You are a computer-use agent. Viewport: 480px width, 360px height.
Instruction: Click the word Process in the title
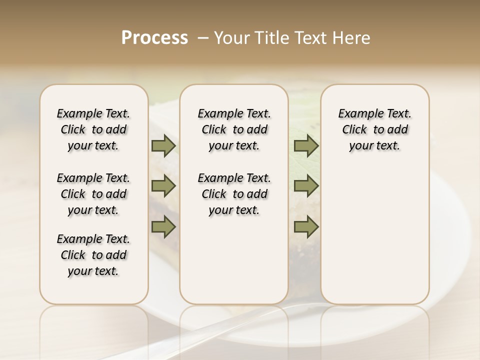pyautogui.click(x=154, y=38)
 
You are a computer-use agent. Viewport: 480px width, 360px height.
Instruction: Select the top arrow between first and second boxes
pyautogui.click(x=163, y=146)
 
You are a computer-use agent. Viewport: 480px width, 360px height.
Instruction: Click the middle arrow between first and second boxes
pyautogui.click(x=163, y=186)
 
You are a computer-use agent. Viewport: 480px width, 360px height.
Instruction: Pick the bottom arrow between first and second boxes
pyautogui.click(x=163, y=227)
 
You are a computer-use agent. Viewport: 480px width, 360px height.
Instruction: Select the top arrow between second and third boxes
pyautogui.click(x=306, y=146)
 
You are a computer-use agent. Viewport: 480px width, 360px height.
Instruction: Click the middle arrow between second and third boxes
pyautogui.click(x=306, y=186)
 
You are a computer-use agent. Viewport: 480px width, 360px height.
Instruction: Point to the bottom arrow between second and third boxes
pyautogui.click(x=306, y=227)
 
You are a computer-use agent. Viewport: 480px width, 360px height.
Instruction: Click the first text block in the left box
pyautogui.click(x=93, y=129)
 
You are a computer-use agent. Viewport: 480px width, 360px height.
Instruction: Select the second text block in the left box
pyautogui.click(x=93, y=194)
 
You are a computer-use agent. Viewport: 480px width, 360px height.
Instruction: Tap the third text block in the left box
pyautogui.click(x=93, y=255)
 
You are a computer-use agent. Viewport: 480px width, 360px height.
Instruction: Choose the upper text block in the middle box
pyautogui.click(x=234, y=129)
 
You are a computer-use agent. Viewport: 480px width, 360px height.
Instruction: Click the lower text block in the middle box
pyautogui.click(x=234, y=194)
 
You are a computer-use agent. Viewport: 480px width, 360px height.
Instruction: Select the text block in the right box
pyautogui.click(x=374, y=129)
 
